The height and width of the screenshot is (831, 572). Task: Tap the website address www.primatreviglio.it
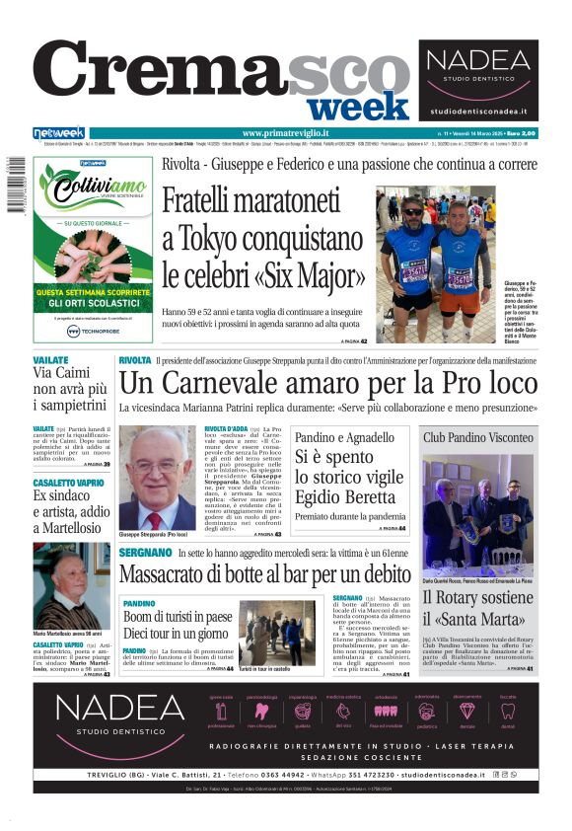[285, 133]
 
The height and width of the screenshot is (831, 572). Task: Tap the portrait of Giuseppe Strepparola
[157, 478]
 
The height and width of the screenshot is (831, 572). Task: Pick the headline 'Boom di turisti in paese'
[178, 617]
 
